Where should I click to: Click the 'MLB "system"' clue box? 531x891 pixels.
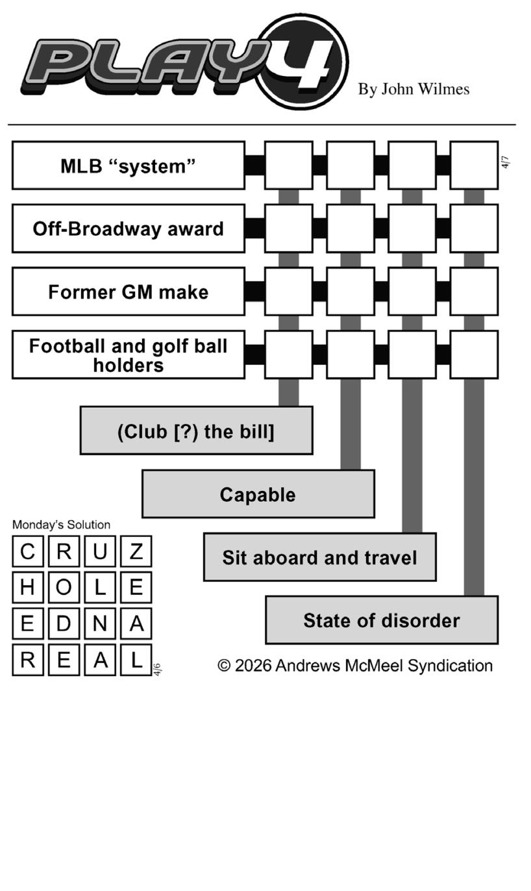coord(129,166)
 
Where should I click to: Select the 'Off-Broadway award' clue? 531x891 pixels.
coord(129,229)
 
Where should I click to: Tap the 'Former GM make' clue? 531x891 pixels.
coord(129,292)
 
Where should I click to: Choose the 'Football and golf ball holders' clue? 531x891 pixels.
coord(129,355)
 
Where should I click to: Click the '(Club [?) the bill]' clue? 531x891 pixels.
coord(196,431)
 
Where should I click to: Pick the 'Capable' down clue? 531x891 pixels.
coord(258,494)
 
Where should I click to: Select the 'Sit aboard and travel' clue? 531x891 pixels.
coord(319,557)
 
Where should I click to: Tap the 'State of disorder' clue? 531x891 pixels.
coord(382,620)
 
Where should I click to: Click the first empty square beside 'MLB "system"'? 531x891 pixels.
coord(288,166)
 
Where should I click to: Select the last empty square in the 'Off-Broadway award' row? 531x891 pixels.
coord(474,229)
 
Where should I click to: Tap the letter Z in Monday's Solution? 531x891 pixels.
coord(136,551)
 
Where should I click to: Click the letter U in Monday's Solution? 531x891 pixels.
coord(99,551)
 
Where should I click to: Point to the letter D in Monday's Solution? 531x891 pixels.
coord(64,623)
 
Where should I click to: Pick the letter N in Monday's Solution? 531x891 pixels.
coord(99,623)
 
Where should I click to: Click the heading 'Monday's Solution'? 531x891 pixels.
coord(61,525)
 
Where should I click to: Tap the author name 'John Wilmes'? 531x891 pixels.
coord(425,89)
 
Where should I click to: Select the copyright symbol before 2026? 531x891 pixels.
coord(224,666)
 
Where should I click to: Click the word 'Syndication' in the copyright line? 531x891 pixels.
coord(450,666)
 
